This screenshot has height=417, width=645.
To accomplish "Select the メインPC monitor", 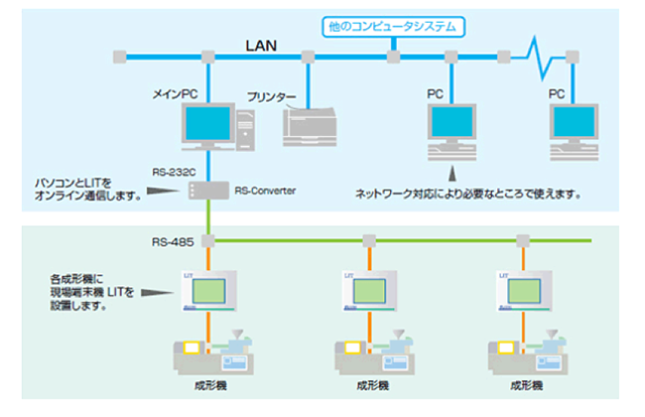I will tap(207, 124).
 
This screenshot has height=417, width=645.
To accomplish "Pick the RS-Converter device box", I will tap(206, 190).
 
